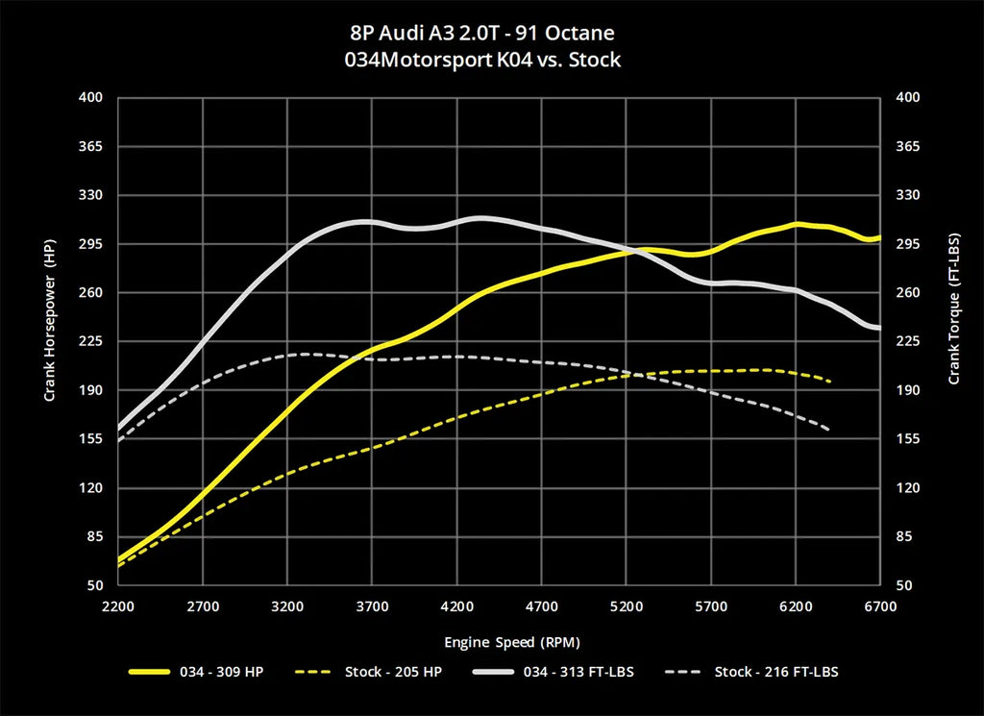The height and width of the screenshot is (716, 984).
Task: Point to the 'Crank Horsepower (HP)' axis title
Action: click(49, 320)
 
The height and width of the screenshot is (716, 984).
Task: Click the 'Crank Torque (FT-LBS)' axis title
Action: click(954, 308)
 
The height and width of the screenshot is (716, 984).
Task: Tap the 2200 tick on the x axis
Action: click(118, 606)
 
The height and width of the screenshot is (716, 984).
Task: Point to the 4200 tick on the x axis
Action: click(456, 606)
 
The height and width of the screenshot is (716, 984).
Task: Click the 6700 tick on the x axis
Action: click(880, 606)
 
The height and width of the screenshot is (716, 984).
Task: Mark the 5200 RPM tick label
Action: click(626, 606)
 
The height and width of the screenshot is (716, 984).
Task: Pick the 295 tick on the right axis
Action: click(908, 244)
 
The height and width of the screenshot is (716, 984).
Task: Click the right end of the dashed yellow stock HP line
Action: click(829, 382)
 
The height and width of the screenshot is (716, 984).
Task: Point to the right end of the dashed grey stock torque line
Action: click(828, 429)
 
